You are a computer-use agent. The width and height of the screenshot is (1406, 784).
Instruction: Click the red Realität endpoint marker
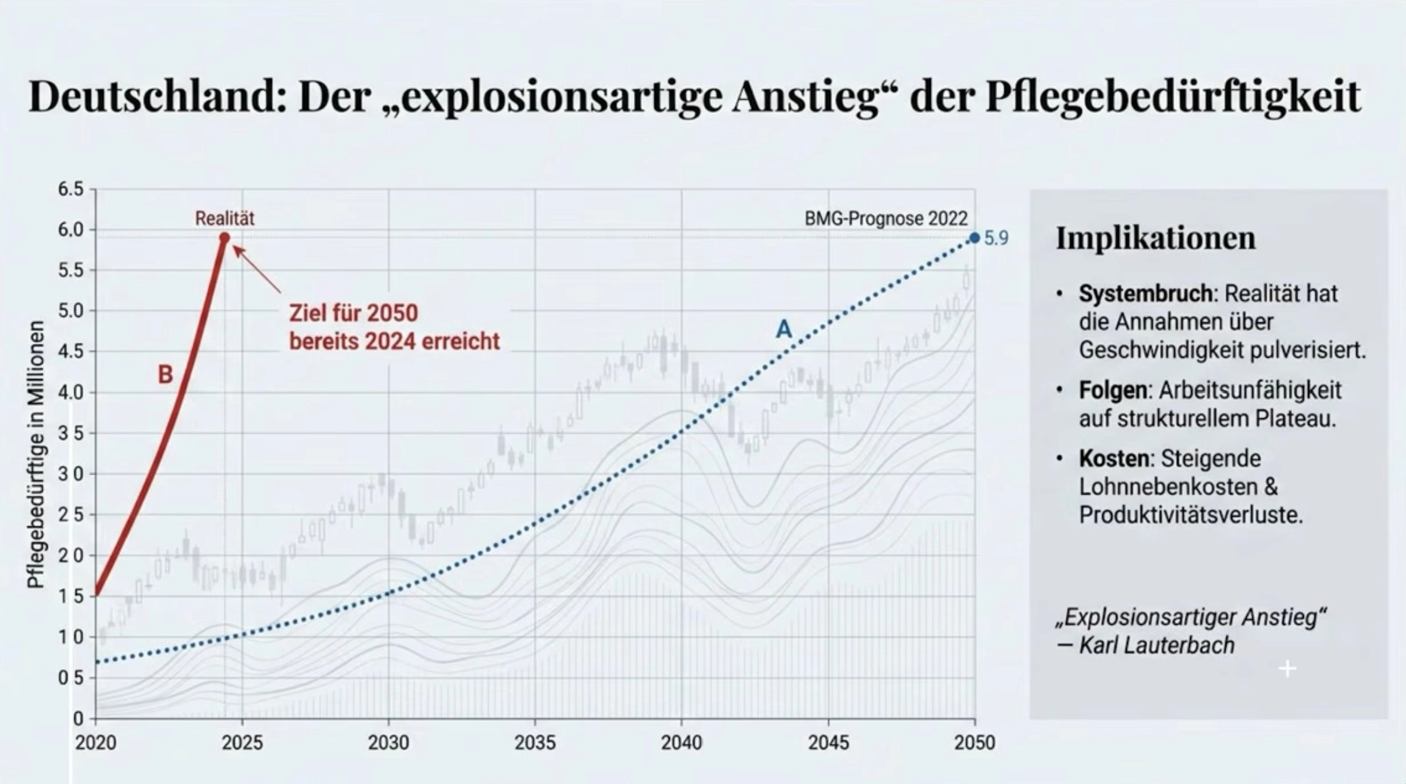(x=224, y=237)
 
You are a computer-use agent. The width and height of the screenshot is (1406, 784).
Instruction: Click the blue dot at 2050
(x=975, y=238)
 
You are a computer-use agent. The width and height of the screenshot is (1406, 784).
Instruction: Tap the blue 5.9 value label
(x=996, y=239)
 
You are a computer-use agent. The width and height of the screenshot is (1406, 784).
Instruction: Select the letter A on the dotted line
(x=784, y=329)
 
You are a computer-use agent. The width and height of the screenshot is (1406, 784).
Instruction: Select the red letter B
(x=165, y=375)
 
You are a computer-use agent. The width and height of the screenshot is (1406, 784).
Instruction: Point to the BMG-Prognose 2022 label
(x=886, y=219)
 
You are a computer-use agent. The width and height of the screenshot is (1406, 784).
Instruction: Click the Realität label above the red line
(x=225, y=218)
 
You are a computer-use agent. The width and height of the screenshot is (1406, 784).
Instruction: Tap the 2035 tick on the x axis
(x=535, y=742)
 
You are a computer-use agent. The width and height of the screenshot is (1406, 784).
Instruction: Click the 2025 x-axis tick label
(x=242, y=742)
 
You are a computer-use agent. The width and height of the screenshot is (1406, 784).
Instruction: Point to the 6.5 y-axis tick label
(x=70, y=189)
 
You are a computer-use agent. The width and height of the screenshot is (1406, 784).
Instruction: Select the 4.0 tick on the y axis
(x=70, y=393)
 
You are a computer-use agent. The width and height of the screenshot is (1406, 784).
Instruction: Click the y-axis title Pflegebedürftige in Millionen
(x=35, y=454)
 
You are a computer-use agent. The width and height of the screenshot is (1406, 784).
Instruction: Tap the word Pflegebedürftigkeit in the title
(x=1173, y=97)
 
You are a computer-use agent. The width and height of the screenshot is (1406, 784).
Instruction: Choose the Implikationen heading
(x=1155, y=238)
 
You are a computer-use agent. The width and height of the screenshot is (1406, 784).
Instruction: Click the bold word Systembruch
(x=1145, y=294)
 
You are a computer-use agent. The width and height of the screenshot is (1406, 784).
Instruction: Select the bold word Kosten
(x=1113, y=459)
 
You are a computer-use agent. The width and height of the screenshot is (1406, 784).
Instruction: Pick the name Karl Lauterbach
(x=1156, y=645)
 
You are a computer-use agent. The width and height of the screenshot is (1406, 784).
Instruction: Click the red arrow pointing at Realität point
(x=257, y=269)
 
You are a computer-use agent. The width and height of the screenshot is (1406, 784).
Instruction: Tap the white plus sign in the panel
(x=1287, y=668)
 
